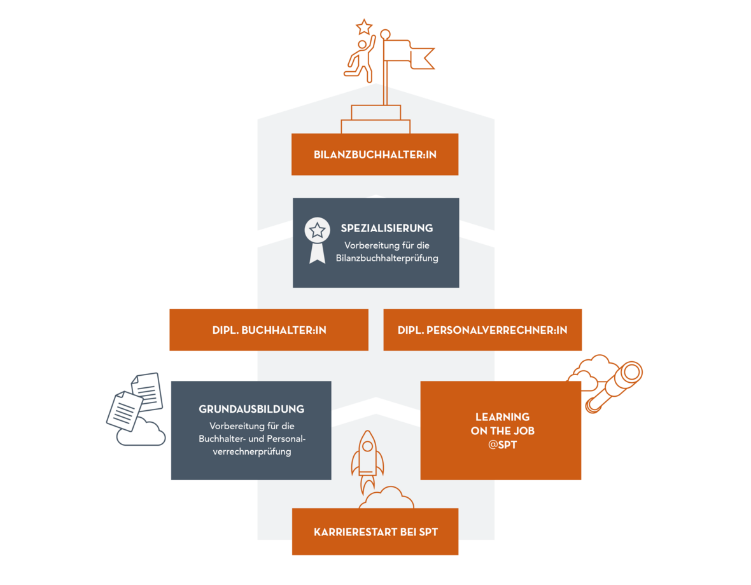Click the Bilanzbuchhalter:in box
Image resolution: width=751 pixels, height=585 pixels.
tap(375, 155)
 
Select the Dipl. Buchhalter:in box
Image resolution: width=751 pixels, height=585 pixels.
tap(269, 330)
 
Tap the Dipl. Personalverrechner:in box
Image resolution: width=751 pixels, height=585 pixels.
tap(482, 330)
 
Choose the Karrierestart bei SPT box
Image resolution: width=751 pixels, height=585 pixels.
tap(375, 532)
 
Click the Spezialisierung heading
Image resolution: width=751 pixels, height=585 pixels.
tap(386, 228)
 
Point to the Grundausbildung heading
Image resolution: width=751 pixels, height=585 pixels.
tap(251, 409)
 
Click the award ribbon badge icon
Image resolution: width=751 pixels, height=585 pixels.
tap(317, 238)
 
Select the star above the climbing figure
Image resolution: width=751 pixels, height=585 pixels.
tap(364, 27)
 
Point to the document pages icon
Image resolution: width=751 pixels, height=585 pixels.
tap(135, 401)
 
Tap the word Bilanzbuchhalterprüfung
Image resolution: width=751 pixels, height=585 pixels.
tap(386, 258)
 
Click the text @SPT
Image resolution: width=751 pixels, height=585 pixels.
tap(502, 445)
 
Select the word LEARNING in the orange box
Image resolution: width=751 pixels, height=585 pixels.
tap(502, 417)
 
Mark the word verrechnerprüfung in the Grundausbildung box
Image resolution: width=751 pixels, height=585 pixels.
tap(250, 451)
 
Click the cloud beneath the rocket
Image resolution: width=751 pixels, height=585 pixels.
tap(386, 499)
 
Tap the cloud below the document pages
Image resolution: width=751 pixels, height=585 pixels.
tap(142, 433)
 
